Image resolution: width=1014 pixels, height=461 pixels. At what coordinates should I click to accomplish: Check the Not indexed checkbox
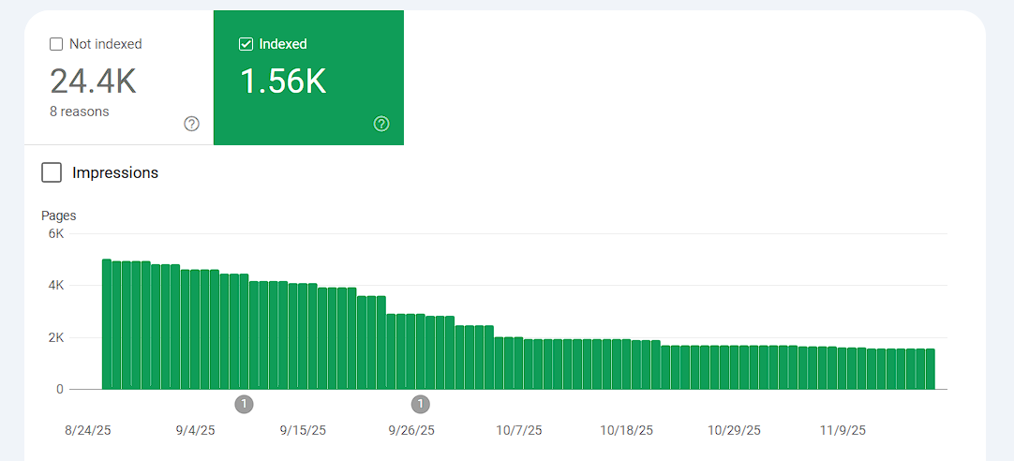pos(56,44)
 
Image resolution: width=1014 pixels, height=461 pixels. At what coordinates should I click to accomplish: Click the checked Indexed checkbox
pos(246,44)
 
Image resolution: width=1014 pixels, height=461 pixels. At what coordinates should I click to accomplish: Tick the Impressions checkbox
pos(52,172)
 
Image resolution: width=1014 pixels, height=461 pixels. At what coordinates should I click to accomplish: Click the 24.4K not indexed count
pos(93,82)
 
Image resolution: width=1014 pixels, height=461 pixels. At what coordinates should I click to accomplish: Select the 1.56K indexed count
pos(283,82)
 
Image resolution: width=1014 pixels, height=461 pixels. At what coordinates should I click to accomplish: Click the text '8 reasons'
pos(80,112)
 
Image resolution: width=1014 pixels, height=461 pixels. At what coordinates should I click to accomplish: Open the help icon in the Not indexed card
pos(192,124)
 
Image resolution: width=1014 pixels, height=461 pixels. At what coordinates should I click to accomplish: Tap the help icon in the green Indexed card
pos(381,124)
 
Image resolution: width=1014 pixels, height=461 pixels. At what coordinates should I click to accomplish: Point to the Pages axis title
pos(59,216)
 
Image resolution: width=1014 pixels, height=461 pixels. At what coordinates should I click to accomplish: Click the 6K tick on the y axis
pos(55,234)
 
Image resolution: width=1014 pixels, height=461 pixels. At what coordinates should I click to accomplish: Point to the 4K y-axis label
pos(55,285)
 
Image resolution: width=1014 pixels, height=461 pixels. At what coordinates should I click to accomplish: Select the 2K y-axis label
pos(55,337)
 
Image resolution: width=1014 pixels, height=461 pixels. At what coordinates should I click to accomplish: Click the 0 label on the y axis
pos(59,389)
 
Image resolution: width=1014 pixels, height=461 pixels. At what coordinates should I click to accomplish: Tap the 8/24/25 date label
pos(88,430)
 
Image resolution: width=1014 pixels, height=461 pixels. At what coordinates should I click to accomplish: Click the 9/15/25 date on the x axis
pos(303,430)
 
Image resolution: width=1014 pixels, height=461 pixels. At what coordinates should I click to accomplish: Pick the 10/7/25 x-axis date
pos(518,430)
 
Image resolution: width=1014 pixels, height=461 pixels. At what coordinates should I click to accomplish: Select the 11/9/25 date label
pos(843,430)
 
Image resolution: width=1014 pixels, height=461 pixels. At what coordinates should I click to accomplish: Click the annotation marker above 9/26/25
pos(421,404)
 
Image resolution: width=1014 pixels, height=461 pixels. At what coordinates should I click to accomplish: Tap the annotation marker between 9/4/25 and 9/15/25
pos(244,404)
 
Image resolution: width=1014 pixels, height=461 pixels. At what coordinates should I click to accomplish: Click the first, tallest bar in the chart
pos(107,323)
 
